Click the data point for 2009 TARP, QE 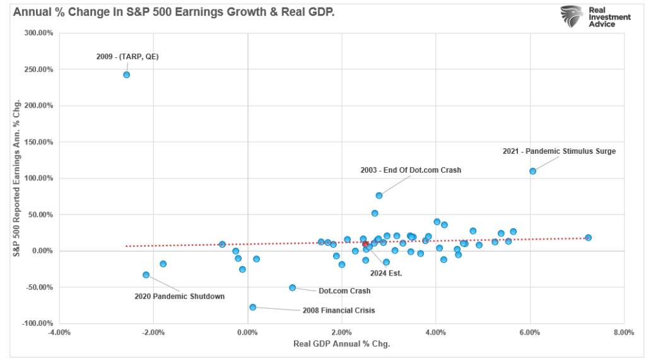point(126,74)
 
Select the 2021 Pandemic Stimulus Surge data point point(532,171)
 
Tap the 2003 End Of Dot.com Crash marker point(379,195)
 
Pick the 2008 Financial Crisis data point point(252,307)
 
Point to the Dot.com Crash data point point(292,287)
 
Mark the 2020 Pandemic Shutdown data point point(146,275)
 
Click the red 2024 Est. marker point(365,244)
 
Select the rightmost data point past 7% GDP point(588,238)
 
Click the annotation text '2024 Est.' point(386,273)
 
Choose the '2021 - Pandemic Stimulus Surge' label point(559,151)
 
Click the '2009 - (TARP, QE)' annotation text point(127,56)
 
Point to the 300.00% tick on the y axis point(40,33)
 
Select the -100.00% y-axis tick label point(38,323)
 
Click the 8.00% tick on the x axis point(623,333)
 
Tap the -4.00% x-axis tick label point(60,333)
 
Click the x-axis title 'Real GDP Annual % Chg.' point(341,344)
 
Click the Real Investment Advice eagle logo point(572,16)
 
